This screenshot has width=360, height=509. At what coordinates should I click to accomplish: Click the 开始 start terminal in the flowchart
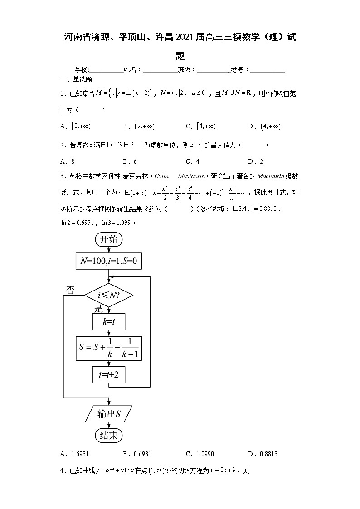click(108, 239)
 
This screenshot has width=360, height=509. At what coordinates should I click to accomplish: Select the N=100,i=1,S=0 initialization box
click(108, 261)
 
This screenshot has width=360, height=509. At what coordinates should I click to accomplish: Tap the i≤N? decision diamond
click(109, 296)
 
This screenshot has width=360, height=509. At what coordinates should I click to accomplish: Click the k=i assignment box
click(108, 322)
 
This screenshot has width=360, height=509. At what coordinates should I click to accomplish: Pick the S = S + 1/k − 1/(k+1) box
click(108, 349)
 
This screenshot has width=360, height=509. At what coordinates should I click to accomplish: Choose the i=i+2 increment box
click(108, 374)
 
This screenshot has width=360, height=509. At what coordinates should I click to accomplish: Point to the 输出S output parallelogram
click(108, 413)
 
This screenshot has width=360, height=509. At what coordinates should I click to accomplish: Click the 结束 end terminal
click(108, 436)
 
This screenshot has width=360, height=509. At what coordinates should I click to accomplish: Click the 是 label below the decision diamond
click(98, 309)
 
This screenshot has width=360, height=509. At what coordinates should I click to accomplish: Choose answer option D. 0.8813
click(263, 453)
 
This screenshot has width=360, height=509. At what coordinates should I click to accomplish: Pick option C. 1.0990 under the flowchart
click(200, 453)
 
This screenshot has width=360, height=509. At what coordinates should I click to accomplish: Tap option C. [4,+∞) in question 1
click(200, 126)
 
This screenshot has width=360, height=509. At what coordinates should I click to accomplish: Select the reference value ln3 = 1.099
click(116, 223)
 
